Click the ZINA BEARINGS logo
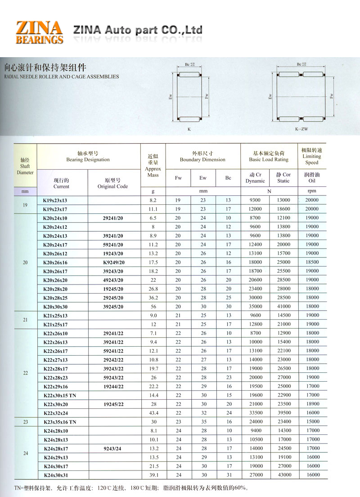coord(39,32)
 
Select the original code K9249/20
coord(113,262)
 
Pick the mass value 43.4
coord(153,413)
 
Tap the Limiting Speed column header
coord(311,156)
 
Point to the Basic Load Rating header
coord(269,156)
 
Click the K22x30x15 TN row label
coord(60,395)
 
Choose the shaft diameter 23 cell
coord(25,422)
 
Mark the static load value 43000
coord(283,475)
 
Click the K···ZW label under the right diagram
coord(301,129)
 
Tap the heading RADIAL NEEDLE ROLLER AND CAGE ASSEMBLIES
coord(61,77)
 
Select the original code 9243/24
coord(113,448)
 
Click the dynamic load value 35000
coord(255,307)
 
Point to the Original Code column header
coord(112,183)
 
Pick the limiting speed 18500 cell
coord(311,262)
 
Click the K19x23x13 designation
coord(57,200)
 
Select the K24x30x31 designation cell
coord(57,475)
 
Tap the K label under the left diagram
coord(189,129)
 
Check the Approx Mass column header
coord(153,167)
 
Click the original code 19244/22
coord(113,386)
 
